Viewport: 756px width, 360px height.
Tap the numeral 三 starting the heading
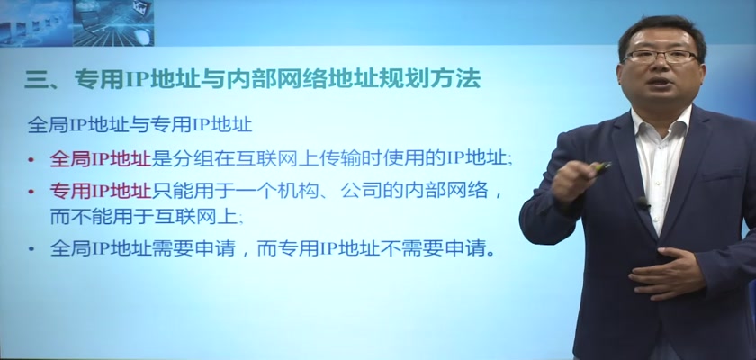[x=34, y=79]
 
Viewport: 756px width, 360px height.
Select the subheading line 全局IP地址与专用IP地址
[x=139, y=125]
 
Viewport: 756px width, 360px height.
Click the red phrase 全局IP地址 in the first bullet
[x=101, y=158]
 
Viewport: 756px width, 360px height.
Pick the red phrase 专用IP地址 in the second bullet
[x=101, y=192]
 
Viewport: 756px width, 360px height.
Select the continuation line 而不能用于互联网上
[x=145, y=218]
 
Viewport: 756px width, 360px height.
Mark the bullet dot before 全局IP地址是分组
[x=31, y=159]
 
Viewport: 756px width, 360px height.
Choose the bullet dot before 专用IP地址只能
[x=31, y=193]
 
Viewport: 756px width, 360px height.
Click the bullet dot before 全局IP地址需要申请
[x=31, y=249]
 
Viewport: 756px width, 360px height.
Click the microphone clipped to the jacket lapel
[x=642, y=202]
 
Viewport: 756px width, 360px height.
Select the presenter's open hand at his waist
[x=665, y=273]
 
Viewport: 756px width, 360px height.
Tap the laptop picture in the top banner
[x=113, y=23]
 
